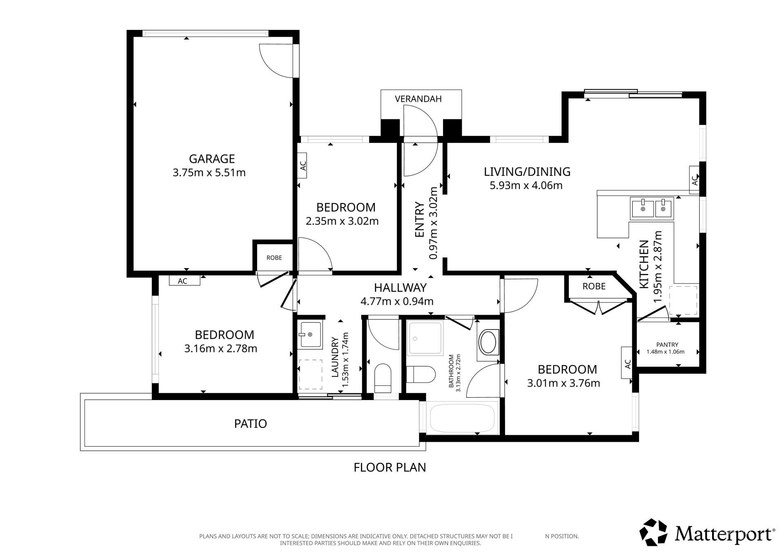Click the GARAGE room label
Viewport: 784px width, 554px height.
point(212,158)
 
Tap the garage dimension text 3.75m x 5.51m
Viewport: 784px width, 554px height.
point(209,173)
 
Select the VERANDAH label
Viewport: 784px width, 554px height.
point(418,99)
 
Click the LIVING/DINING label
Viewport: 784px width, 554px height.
point(527,171)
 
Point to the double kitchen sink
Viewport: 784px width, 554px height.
point(652,208)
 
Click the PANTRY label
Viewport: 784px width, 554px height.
point(667,345)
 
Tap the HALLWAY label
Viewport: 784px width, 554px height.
point(400,288)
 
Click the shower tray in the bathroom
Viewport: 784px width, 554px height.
point(425,338)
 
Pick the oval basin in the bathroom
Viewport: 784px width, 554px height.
point(488,342)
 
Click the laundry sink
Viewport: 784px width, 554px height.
point(310,334)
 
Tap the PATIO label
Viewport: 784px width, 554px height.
point(250,424)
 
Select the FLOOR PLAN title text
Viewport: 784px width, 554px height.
point(390,467)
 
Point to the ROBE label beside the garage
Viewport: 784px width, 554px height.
point(274,258)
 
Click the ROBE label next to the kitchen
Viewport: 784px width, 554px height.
point(594,286)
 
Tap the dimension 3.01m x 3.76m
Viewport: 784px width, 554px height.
point(563,383)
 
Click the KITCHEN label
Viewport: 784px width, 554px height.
point(644,264)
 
